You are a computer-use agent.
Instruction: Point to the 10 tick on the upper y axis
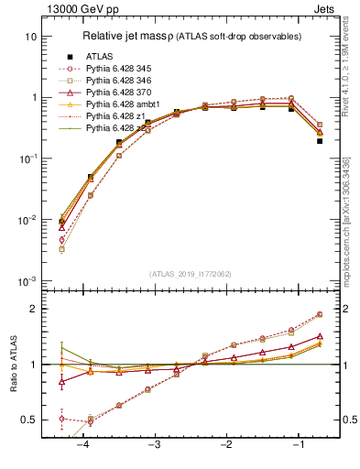click(x=31, y=37)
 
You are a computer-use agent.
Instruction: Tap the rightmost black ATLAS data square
click(x=319, y=115)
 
